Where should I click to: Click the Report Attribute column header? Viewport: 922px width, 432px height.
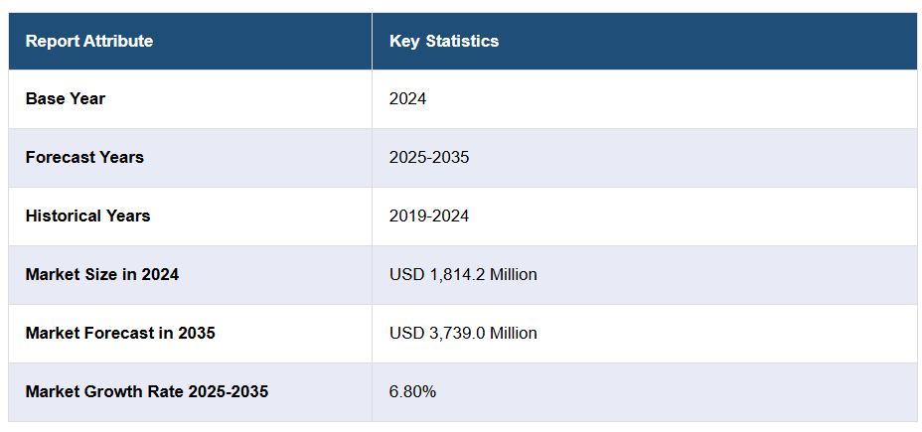[x=89, y=41]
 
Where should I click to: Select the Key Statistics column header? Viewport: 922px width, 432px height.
[x=444, y=41]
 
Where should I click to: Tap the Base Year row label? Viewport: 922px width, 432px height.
[x=66, y=98]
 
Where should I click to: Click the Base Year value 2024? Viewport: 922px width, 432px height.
[x=407, y=98]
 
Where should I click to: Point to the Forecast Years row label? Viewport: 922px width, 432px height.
[x=84, y=157]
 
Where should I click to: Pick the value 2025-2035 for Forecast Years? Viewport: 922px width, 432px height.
[x=429, y=157]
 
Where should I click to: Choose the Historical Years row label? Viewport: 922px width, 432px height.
[x=87, y=216]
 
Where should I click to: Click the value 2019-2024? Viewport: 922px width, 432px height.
[x=429, y=216]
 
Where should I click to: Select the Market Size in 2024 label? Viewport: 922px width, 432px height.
[x=102, y=274]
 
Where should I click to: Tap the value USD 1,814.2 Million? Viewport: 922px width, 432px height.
[x=463, y=274]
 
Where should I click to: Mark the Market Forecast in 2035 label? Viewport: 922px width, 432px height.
[x=120, y=333]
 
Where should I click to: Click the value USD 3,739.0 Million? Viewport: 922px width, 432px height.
[x=463, y=333]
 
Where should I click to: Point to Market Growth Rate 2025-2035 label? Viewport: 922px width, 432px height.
[x=147, y=391]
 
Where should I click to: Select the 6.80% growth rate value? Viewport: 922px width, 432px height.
[x=412, y=391]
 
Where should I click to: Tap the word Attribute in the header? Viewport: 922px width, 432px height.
[x=117, y=41]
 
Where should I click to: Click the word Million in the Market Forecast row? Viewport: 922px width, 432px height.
[x=513, y=333]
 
